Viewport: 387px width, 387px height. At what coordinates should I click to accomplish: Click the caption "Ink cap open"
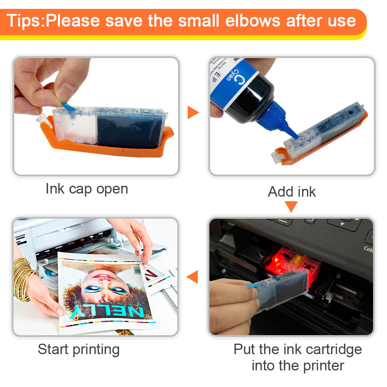87,189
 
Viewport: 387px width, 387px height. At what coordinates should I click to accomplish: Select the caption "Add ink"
292,192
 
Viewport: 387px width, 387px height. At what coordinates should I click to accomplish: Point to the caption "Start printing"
79,349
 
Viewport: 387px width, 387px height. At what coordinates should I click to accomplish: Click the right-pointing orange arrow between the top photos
192,113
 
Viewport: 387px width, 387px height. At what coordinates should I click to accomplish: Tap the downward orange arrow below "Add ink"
292,207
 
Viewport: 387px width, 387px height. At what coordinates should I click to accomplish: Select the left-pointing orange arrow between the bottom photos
192,277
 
